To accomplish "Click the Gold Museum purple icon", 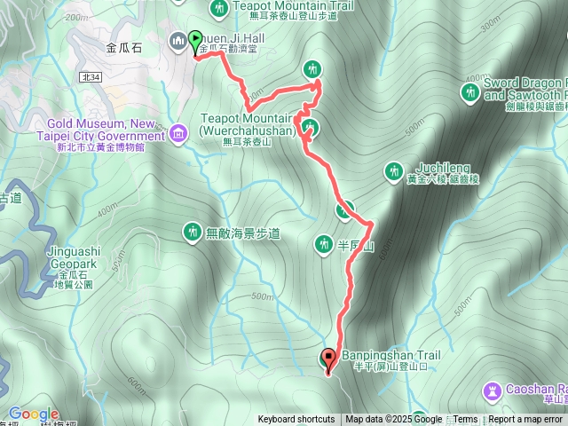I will (178, 134).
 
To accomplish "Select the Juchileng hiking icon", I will (394, 170).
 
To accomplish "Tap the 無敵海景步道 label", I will (243, 233).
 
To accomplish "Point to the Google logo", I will (33, 414).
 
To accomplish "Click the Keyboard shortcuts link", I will (296, 420).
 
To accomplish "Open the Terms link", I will (465, 420).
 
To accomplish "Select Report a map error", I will (525, 420).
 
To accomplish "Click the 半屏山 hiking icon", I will (324, 243).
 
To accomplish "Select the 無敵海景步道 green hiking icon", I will (191, 233).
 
